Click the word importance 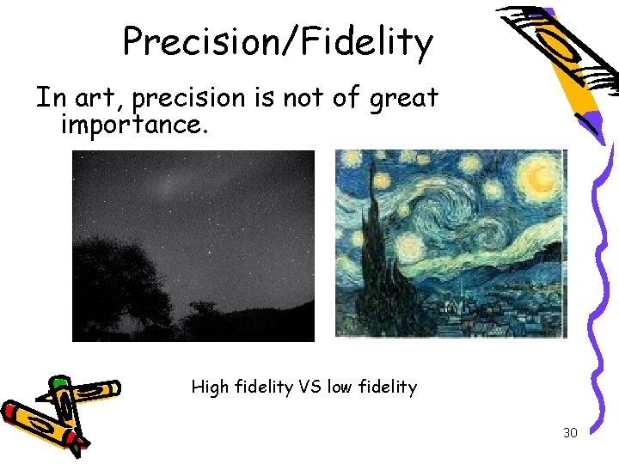(x=133, y=125)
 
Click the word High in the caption (x=210, y=388)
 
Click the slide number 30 (x=570, y=433)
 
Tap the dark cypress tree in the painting (x=377, y=258)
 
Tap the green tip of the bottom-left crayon (x=58, y=382)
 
